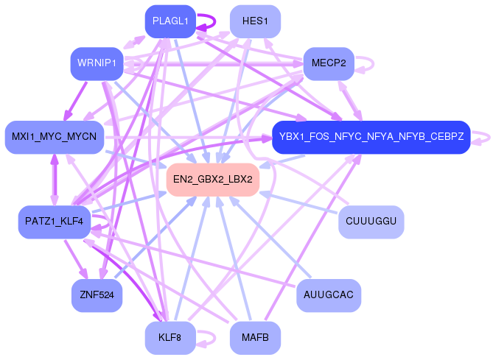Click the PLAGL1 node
pos(170,21)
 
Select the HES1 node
pos(255,21)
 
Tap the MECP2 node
pos(329,63)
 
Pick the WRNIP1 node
pos(96,64)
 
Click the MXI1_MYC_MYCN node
pos(54,137)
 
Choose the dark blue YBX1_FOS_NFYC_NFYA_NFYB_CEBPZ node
pos(371,137)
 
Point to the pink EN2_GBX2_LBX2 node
pos(213,180)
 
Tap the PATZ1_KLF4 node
pos(54,222)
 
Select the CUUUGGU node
pos(371,222)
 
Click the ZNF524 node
pos(96,296)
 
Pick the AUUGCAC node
pos(329,295)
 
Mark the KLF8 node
pos(170,338)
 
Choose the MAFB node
pos(255,338)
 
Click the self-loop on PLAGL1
pos(209,21)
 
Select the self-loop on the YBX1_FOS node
pos(483,137)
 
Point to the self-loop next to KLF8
pos(209,338)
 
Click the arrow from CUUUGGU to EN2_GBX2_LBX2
pos(302,203)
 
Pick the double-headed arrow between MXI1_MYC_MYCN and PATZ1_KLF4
pos(54,180)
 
